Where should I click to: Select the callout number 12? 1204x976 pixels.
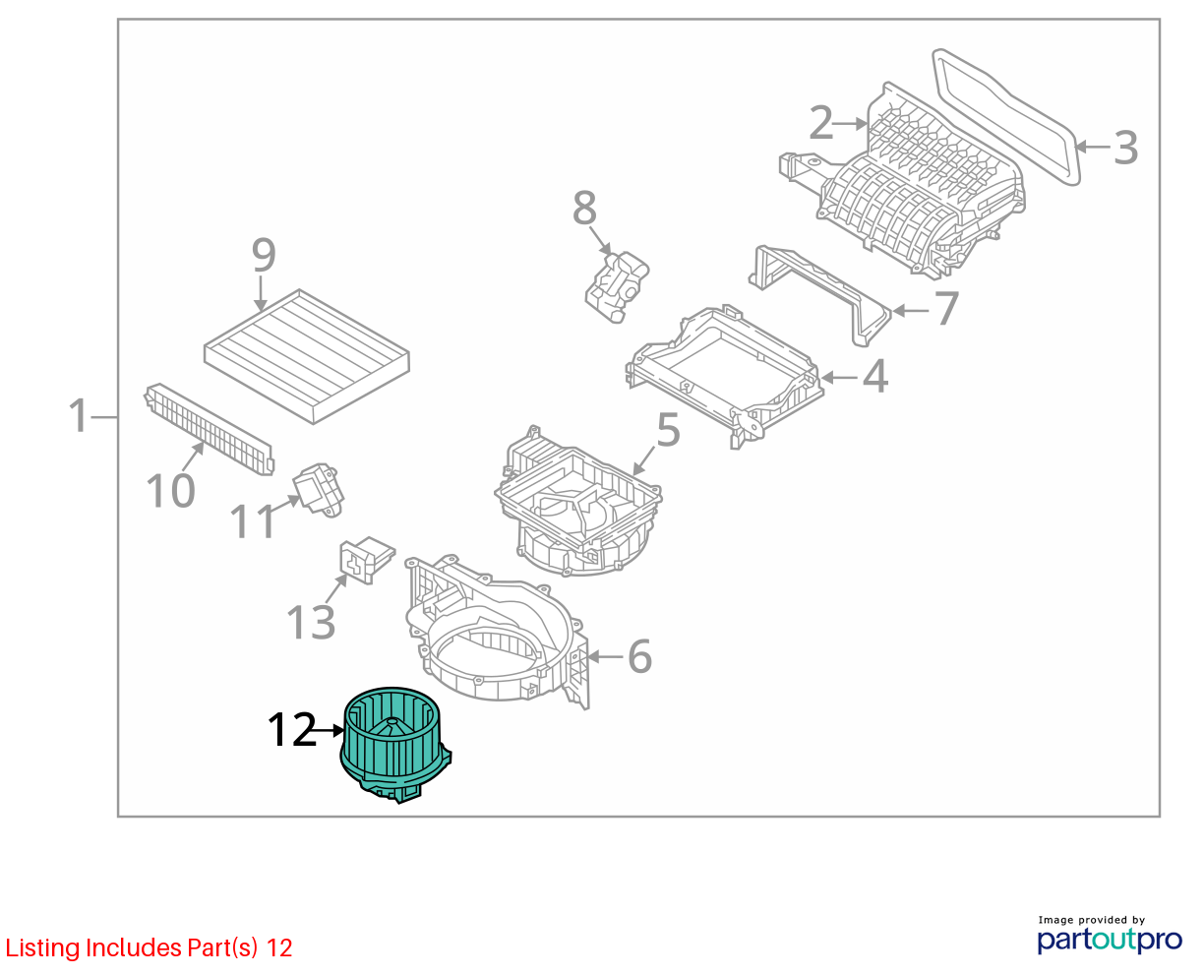click(292, 730)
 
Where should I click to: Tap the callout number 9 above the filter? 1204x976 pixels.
click(264, 255)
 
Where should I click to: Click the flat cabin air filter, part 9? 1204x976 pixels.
click(307, 356)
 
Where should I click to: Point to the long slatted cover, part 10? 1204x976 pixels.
click(210, 429)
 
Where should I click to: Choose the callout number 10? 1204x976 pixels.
click(171, 491)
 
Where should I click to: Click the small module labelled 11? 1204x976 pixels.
click(319, 489)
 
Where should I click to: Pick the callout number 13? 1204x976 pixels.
click(311, 622)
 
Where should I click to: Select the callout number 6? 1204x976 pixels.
click(640, 656)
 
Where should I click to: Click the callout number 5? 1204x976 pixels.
click(668, 430)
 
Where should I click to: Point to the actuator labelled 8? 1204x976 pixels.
click(616, 287)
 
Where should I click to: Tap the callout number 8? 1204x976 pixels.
click(584, 208)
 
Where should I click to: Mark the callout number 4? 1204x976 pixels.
click(875, 376)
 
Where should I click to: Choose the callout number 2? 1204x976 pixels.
click(820, 122)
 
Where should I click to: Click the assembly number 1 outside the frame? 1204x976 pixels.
click(79, 415)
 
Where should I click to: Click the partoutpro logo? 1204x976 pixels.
click(1109, 940)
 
